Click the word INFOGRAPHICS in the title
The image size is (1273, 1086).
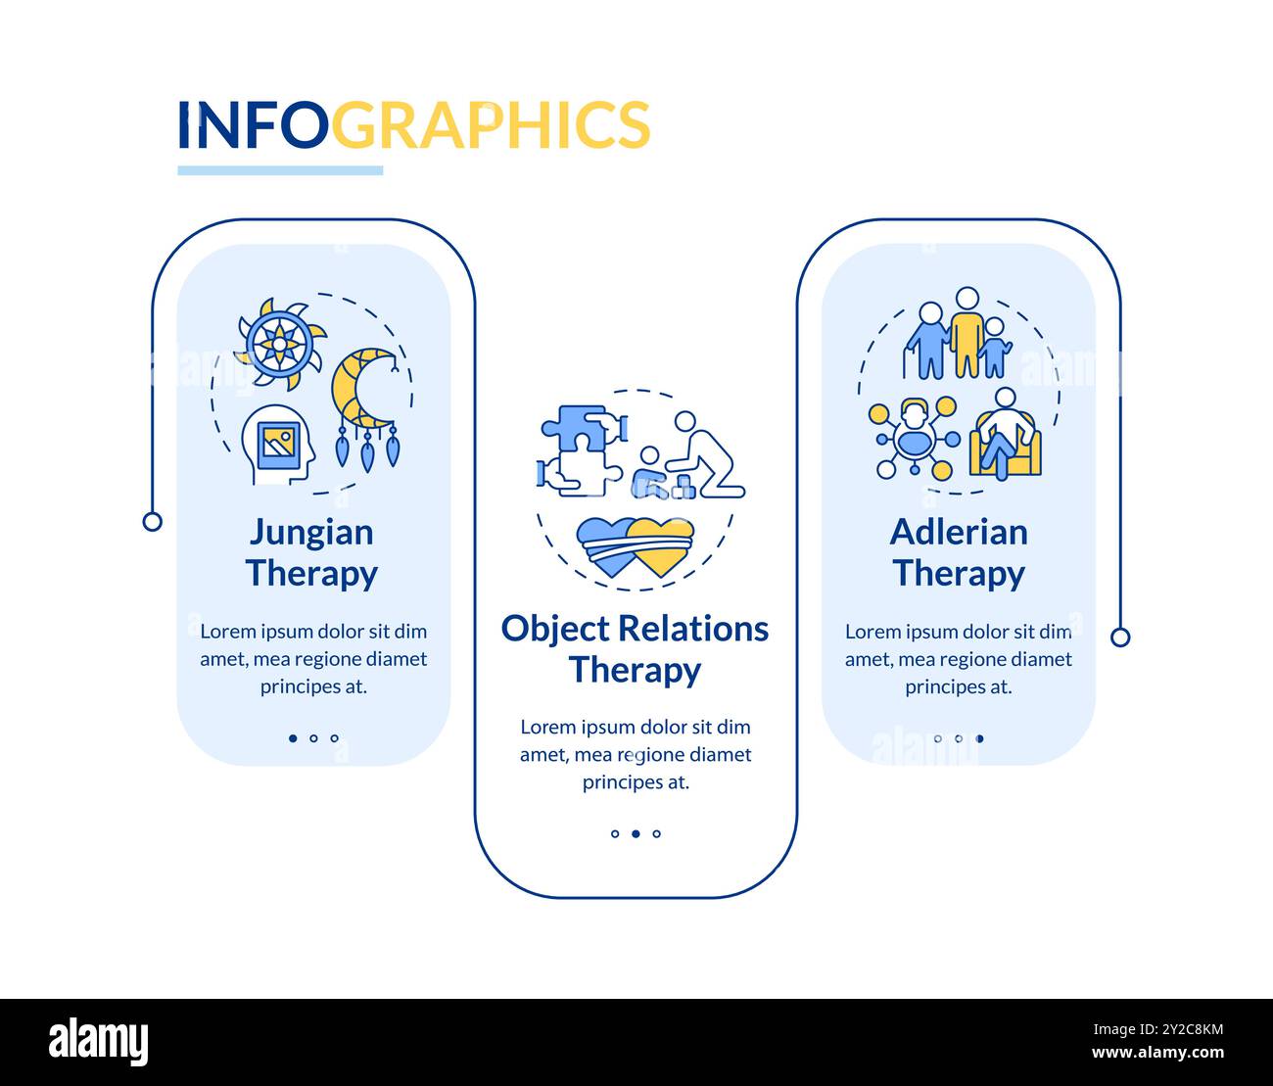[413, 124]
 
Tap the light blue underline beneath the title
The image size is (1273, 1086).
[280, 170]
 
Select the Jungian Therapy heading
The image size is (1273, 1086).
[311, 552]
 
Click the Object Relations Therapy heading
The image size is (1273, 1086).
[635, 648]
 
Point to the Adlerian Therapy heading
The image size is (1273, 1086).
[959, 552]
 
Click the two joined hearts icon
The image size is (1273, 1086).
[635, 545]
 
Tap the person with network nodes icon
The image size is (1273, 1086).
[913, 439]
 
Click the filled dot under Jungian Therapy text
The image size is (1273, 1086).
[293, 738]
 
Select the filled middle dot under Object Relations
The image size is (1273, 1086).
[636, 834]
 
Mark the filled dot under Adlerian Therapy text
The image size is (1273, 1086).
[979, 738]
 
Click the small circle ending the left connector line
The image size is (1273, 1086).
[152, 521]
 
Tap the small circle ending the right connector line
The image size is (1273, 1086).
[1120, 637]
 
